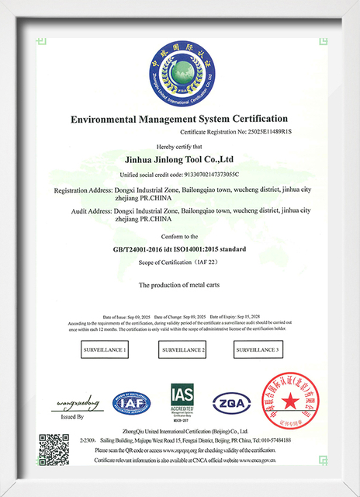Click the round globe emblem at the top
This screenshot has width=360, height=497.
coord(180,75)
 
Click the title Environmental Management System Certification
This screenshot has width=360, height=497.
coord(180,120)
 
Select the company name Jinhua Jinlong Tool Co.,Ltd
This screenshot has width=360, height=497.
coord(180,160)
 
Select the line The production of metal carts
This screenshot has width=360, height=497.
coord(180,287)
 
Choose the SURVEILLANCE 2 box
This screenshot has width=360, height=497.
coord(184,351)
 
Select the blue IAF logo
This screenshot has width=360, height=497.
coord(132,404)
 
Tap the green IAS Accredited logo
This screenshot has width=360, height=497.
coord(182,402)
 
